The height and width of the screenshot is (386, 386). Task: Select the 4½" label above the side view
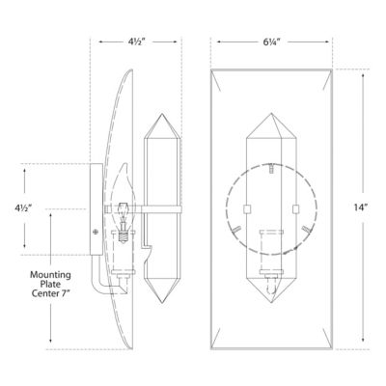(x=137, y=41)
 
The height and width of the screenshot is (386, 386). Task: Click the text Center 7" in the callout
(x=52, y=300)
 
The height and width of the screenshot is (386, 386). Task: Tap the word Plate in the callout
(x=52, y=288)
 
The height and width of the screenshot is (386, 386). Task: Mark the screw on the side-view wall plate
(x=94, y=231)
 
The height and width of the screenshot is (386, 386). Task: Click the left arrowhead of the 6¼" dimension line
(x=217, y=41)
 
